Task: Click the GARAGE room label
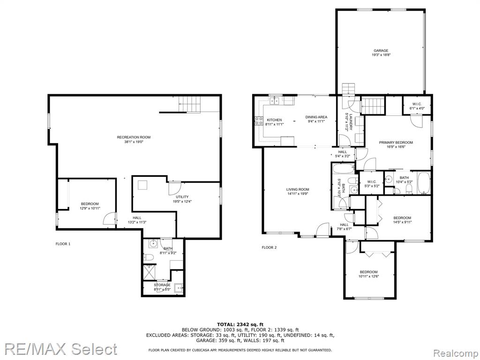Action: click(381, 51)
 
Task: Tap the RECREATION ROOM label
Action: click(134, 137)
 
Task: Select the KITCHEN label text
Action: click(274, 120)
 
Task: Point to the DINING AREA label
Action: click(316, 117)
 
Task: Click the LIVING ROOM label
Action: click(298, 189)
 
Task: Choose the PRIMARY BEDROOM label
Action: click(396, 142)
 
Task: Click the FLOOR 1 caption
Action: click(63, 244)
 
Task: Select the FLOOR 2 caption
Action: click(270, 247)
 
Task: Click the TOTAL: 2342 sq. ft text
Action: click(240, 324)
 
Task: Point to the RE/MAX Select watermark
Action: click(61, 349)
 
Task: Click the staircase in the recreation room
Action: click(190, 104)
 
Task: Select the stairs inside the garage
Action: click(348, 89)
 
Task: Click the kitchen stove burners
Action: click(259, 121)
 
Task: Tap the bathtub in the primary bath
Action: click(424, 183)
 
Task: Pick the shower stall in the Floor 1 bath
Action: click(150, 272)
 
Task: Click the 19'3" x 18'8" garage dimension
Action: click(381, 55)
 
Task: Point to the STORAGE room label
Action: click(162, 285)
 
